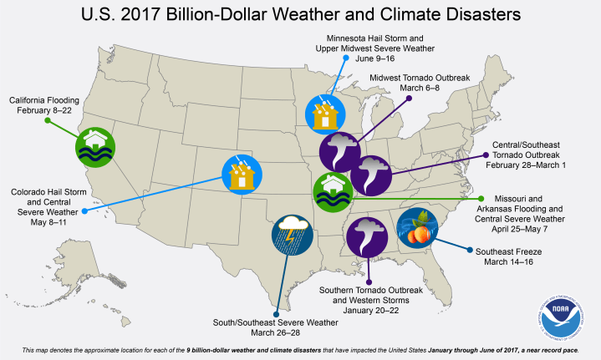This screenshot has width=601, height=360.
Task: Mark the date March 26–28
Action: coord(275,332)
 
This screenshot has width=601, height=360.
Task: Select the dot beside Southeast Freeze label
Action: coord(468,250)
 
